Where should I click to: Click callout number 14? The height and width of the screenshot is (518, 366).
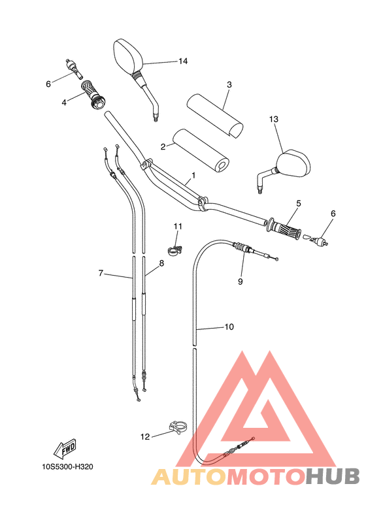(182, 61)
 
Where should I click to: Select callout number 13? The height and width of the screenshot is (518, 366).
(273, 120)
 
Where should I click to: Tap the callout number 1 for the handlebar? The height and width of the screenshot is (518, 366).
(193, 176)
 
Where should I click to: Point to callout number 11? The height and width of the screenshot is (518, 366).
(177, 226)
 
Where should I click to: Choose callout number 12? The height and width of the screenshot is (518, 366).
(144, 436)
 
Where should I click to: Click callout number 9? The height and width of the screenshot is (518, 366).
(240, 282)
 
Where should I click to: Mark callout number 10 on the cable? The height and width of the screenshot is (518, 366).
(229, 327)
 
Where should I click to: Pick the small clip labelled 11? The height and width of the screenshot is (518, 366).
(175, 248)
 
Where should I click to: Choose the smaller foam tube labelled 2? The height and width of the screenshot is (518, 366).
(200, 151)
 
